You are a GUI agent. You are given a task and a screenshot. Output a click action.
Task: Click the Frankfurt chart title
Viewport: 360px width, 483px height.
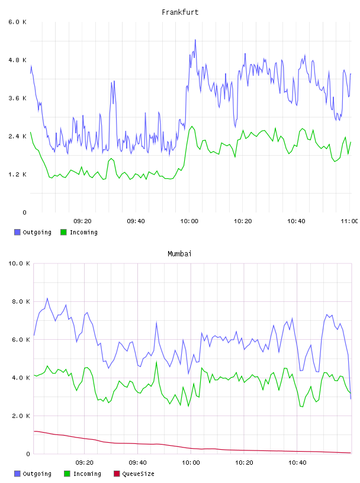[x=180, y=12]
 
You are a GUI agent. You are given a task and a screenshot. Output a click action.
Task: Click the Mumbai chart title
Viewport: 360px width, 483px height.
[x=179, y=254]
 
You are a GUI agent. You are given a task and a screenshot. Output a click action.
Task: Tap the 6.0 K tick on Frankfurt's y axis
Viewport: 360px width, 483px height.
[x=18, y=22]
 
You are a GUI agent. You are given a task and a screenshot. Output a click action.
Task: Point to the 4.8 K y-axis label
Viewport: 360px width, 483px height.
[x=18, y=60]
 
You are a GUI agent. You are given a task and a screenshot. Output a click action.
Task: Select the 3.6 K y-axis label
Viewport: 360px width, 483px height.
[x=18, y=98]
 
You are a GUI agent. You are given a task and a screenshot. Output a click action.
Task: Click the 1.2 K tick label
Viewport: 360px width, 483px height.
[x=18, y=175]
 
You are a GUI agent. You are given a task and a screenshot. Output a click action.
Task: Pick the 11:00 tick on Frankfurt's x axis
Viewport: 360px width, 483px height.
[x=349, y=221]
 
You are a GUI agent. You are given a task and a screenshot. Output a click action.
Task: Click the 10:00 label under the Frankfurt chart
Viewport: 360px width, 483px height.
[x=189, y=221]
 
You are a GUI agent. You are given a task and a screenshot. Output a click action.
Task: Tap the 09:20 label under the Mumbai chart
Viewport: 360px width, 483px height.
[x=85, y=463]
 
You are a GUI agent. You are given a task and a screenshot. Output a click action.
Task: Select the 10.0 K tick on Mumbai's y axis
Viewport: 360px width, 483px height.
[x=19, y=263]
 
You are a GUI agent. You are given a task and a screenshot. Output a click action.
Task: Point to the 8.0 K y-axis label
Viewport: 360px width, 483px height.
[x=21, y=301]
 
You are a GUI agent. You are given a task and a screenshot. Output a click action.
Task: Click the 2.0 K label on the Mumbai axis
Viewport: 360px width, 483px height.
[x=21, y=416]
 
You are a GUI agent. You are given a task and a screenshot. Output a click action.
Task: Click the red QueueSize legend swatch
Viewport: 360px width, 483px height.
[x=117, y=474]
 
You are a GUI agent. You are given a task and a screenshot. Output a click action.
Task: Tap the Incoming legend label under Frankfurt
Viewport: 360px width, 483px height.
[x=83, y=232]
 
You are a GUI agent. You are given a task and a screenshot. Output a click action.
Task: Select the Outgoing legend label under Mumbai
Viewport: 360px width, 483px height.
[x=37, y=474]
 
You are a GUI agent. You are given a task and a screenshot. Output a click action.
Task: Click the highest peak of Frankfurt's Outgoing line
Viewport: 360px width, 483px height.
[x=195, y=40]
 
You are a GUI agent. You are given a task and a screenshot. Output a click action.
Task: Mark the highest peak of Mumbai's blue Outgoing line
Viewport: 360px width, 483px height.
[x=47, y=298]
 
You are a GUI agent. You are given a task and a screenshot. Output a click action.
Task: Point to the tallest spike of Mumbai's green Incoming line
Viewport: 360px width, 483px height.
[x=156, y=362]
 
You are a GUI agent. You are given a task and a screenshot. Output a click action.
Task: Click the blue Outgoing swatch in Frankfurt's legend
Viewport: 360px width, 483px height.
[x=17, y=232]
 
